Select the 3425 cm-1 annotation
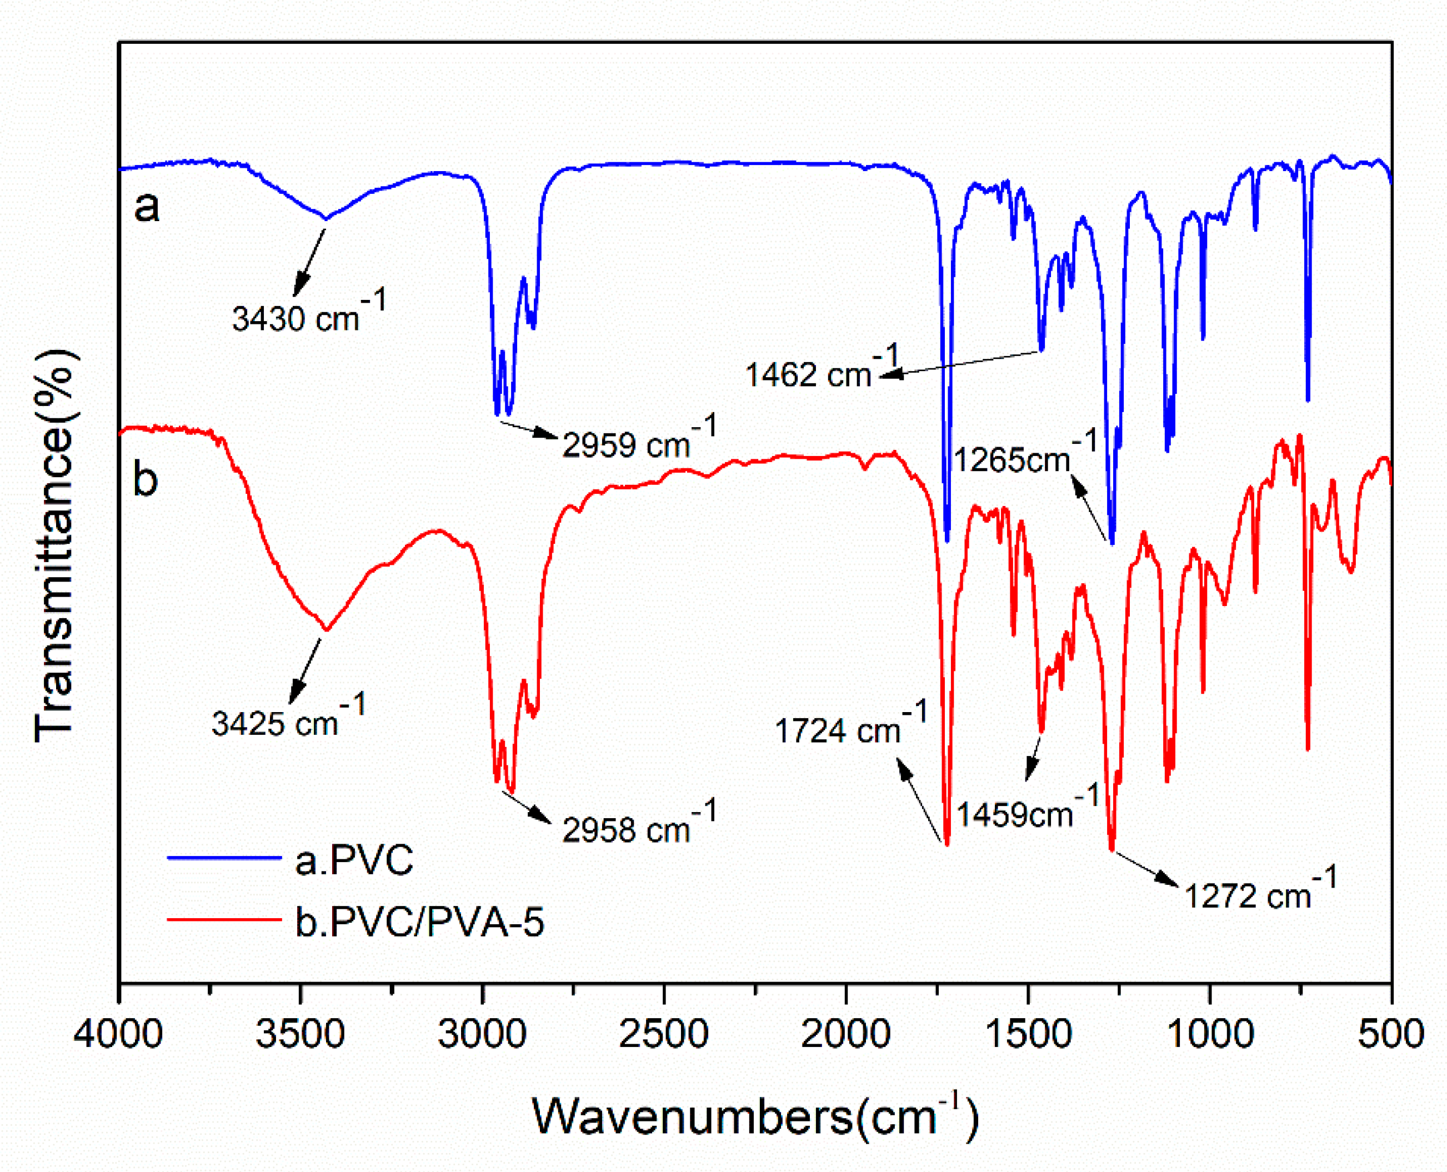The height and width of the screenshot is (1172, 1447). [288, 718]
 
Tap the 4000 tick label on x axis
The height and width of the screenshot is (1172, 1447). [119, 1034]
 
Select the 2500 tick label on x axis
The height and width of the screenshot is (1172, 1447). [664, 1034]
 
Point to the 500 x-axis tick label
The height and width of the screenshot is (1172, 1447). [1391, 1034]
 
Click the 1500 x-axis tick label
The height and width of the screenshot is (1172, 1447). [1027, 1034]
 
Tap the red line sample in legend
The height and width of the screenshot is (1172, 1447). [224, 919]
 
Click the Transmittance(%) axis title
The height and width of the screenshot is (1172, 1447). [54, 545]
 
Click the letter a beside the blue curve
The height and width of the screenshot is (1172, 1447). [147, 207]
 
